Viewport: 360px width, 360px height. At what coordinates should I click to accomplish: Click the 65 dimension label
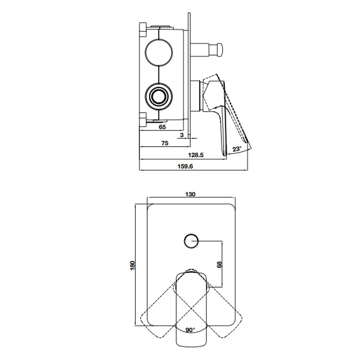coord(162,127)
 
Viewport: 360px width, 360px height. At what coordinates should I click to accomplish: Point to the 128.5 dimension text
coord(196,155)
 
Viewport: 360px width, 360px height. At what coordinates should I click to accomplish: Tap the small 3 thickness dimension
coord(181,135)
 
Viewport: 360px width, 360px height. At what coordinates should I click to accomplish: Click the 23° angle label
coord(237,149)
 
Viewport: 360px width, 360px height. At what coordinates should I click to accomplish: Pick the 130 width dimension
coord(190,194)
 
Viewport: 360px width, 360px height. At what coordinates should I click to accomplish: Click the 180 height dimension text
coord(132,265)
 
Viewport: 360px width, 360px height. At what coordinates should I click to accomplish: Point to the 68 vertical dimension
coord(219,264)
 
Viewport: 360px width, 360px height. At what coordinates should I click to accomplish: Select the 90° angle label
coord(190,330)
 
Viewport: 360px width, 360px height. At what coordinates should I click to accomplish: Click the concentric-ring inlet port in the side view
coord(159,96)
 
